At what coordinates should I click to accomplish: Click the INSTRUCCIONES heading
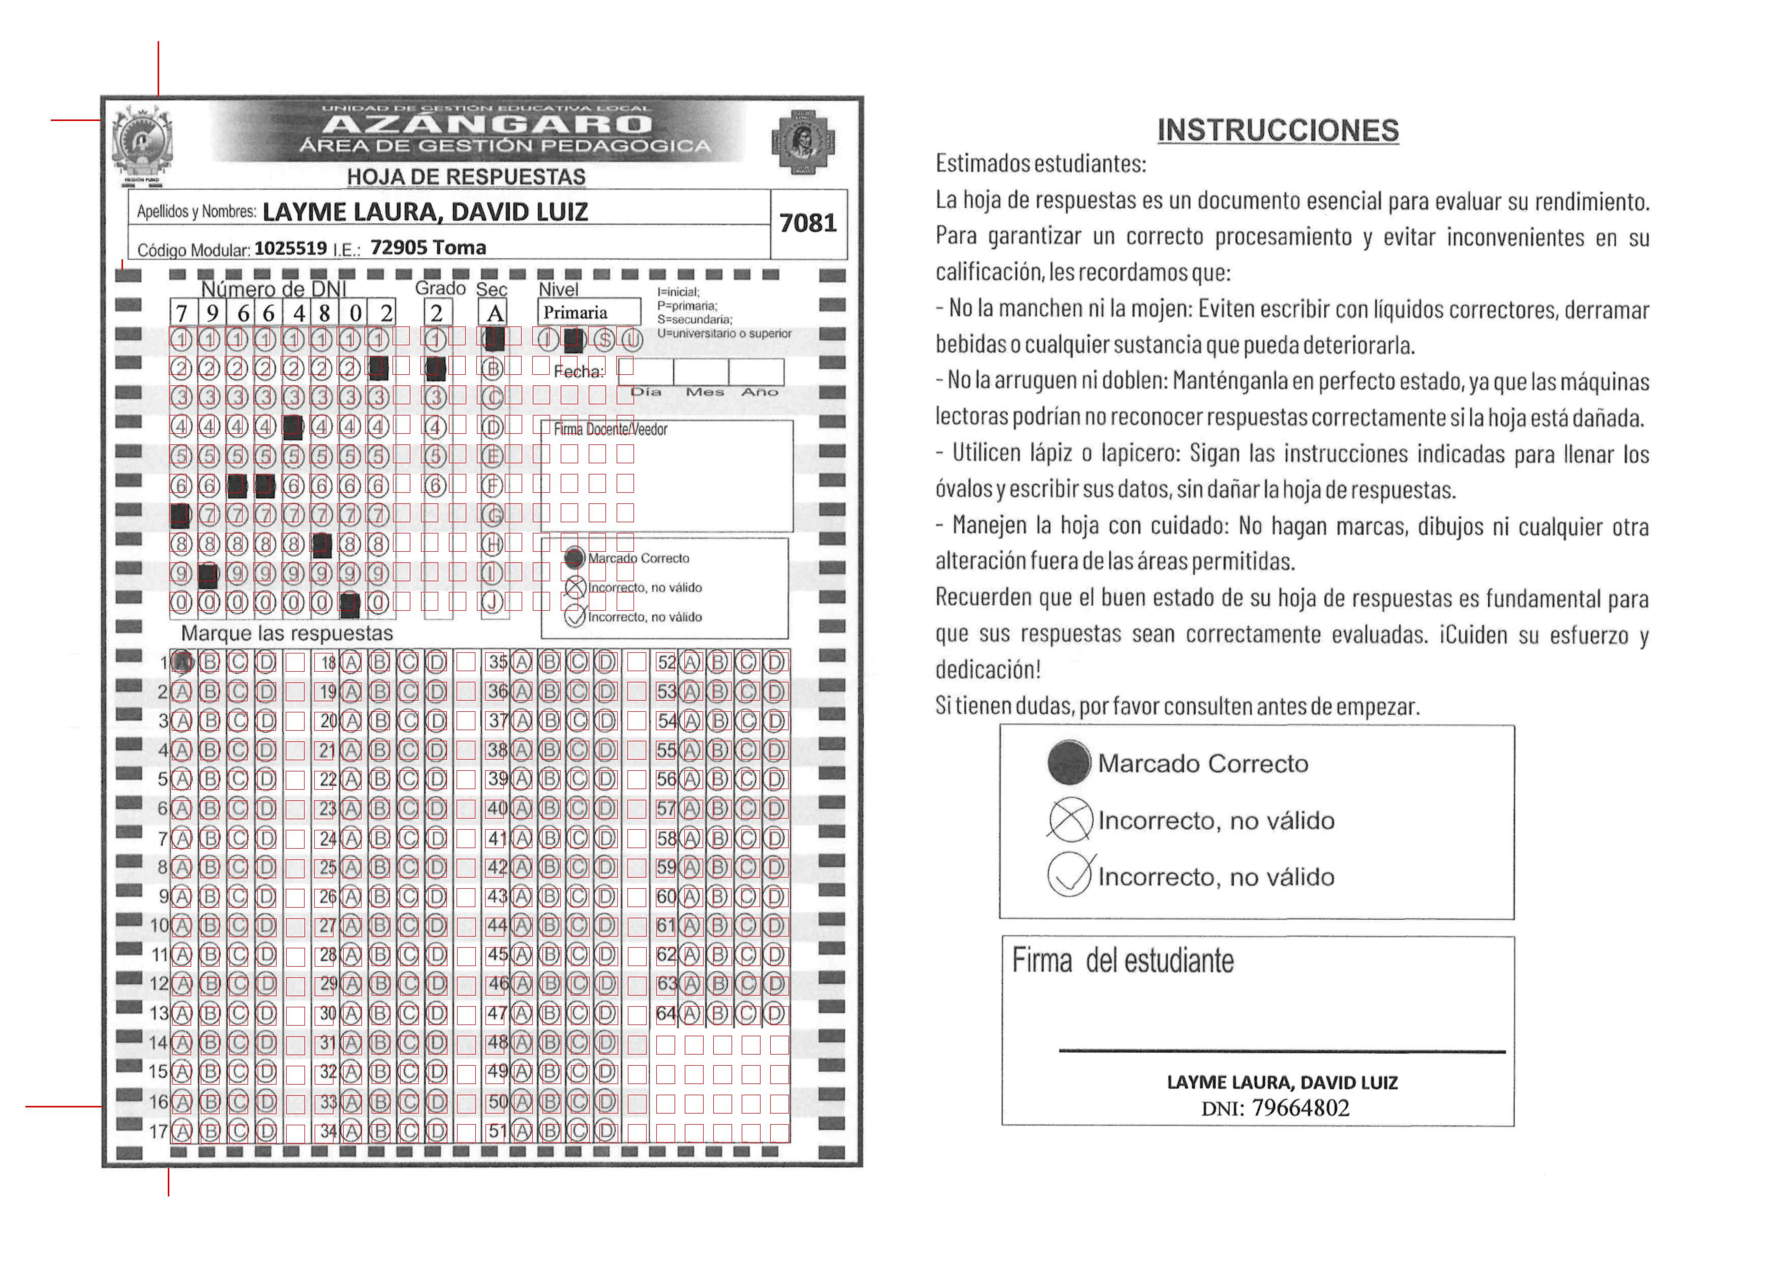[x=1278, y=131]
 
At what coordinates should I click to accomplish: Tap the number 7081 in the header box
[x=808, y=223]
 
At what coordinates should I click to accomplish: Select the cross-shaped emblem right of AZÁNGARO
[x=802, y=142]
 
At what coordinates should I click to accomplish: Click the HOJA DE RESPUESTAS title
[x=466, y=177]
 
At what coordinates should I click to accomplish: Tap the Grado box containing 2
[x=437, y=313]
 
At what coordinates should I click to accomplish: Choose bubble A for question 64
[x=690, y=1013]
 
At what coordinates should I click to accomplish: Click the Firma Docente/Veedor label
[x=611, y=429]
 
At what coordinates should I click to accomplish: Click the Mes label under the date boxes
[x=704, y=392]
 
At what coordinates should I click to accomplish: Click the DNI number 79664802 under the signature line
[x=1300, y=1108]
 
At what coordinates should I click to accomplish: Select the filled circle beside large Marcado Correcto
[x=1069, y=763]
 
